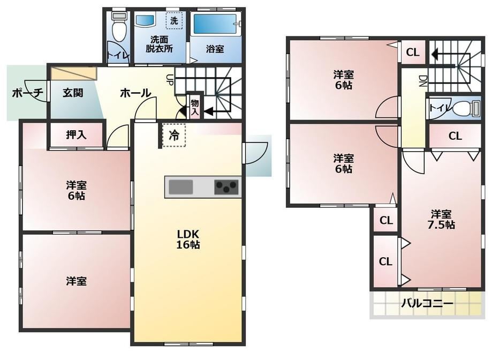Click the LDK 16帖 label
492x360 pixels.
click(188, 239)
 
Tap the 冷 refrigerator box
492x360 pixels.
click(174, 135)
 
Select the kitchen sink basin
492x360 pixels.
click(181, 187)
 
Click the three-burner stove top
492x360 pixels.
click(226, 187)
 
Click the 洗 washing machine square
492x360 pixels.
click(174, 20)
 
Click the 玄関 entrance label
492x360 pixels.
click(73, 93)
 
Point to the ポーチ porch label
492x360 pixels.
click(27, 93)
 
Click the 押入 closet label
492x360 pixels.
click(76, 135)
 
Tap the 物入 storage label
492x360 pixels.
click(195, 107)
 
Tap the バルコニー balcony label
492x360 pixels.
click(427, 304)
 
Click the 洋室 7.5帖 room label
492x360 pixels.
click(442, 220)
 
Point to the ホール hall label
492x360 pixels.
click(135, 93)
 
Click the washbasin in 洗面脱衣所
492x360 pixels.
click(145, 20)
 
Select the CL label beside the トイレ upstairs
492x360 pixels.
click(455, 136)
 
